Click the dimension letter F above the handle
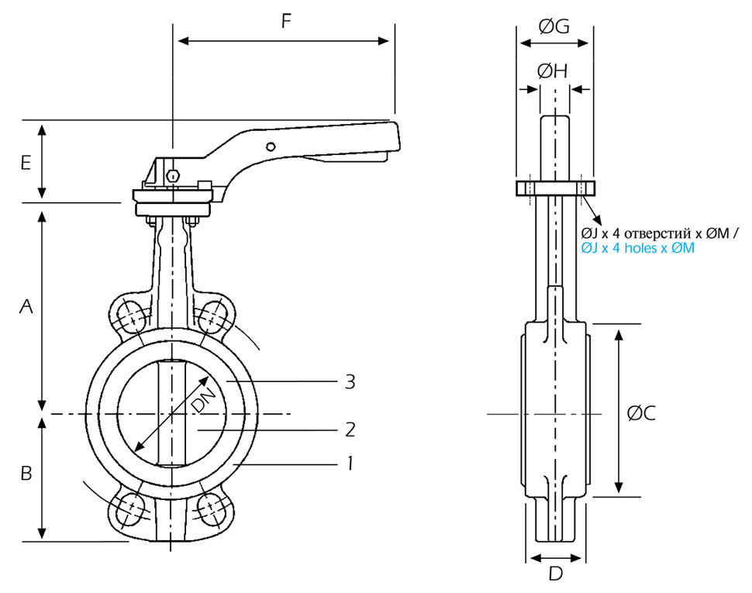click(x=286, y=21)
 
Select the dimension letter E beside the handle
click(x=26, y=163)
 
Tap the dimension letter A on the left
click(x=26, y=306)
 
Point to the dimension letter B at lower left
click(x=26, y=473)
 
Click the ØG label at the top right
click(x=554, y=26)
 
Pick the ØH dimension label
click(x=553, y=71)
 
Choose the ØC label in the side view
click(x=641, y=413)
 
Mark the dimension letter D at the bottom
click(x=555, y=574)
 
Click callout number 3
click(x=350, y=382)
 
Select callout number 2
click(x=350, y=429)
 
